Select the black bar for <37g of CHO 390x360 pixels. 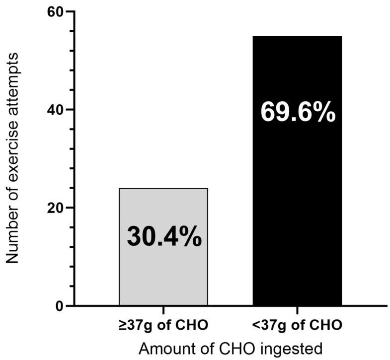coord(297,199)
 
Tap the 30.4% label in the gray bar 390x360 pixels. coord(164,237)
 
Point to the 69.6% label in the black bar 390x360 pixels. coord(298,113)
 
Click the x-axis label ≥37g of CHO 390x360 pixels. coord(163,326)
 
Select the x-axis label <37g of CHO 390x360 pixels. coord(298,326)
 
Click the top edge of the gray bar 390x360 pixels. coord(163,189)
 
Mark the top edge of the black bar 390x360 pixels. coord(297,36)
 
